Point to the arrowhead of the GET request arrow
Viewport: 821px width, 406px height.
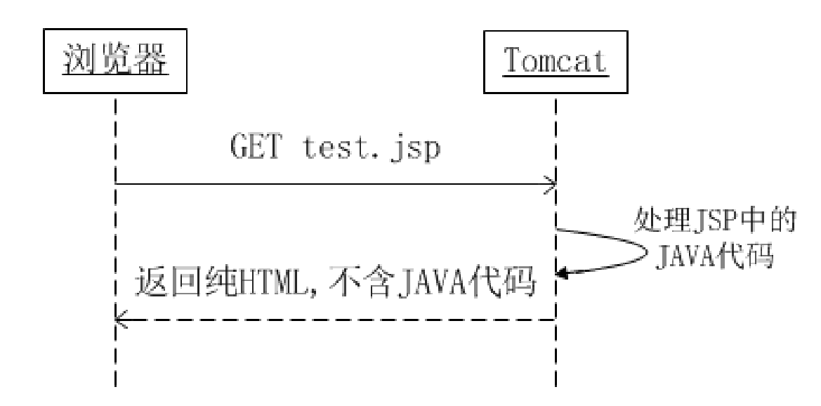click(x=551, y=185)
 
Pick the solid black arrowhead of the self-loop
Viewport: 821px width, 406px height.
click(x=561, y=275)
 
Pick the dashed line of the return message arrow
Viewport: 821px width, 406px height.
click(x=337, y=320)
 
